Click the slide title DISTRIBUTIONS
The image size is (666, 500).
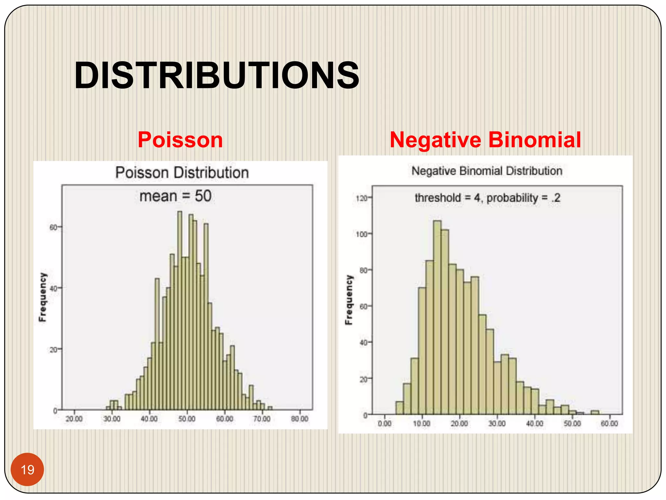point(217,76)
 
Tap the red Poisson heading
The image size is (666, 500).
point(180,140)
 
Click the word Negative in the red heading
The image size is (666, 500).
point(435,140)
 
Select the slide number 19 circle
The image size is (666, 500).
point(27,469)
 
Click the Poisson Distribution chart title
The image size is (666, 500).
point(182,173)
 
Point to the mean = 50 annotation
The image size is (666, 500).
point(175,196)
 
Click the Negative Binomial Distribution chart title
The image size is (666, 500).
point(487,171)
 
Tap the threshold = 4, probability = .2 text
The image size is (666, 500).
point(487,198)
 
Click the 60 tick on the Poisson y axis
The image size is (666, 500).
point(53,227)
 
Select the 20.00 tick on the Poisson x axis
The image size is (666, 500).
point(74,419)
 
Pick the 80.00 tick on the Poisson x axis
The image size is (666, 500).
point(300,419)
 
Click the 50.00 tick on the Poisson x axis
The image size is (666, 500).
point(187,419)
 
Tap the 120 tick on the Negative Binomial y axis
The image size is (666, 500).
point(361,198)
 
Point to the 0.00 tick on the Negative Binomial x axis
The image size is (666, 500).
point(385,424)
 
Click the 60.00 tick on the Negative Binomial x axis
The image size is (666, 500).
point(609,424)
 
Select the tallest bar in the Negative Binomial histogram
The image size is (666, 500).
point(437,317)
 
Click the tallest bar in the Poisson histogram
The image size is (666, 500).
point(180,309)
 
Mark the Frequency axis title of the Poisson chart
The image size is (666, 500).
point(43,297)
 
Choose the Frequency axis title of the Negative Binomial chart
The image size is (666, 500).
point(349,300)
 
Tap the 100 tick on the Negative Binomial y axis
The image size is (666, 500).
point(361,234)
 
